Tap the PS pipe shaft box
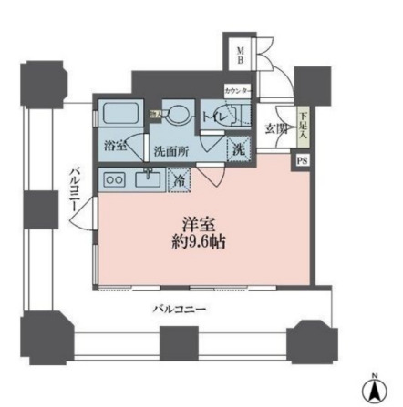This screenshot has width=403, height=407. point(301,161)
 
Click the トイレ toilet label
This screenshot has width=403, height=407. point(216,117)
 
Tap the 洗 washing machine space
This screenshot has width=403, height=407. point(236,149)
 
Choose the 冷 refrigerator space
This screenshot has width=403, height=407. point(178,180)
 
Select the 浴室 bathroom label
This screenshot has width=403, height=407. point(116,145)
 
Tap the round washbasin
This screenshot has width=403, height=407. point(181,115)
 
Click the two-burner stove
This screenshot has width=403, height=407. point(115,179)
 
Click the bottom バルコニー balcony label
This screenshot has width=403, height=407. point(179,308)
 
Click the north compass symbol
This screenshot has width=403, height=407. point(372,389)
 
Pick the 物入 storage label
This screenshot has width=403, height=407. point(156,113)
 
